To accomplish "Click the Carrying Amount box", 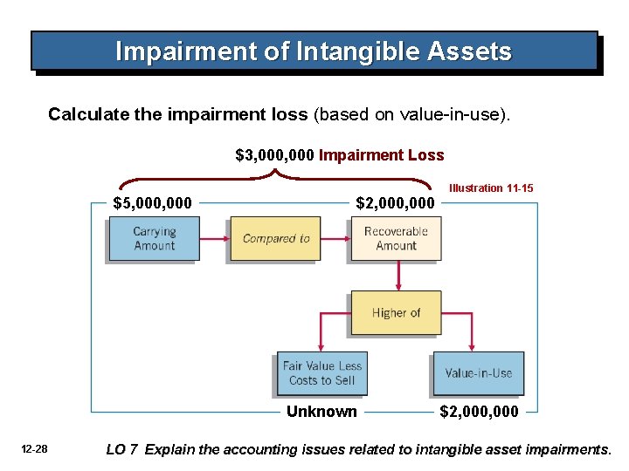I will click(154, 238).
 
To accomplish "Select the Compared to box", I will click(275, 238).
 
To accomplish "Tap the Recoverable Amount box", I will click(396, 238).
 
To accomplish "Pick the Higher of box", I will click(396, 312).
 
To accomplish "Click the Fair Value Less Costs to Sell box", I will click(321, 373).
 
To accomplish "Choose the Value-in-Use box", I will click(478, 373).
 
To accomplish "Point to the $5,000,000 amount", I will click(153, 203).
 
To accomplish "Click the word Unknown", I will click(321, 412).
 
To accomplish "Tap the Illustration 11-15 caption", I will click(491, 188).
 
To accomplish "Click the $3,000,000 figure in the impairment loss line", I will click(275, 155).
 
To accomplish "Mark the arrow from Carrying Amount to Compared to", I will click(214, 238).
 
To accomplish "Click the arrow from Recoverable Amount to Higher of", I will click(397, 276).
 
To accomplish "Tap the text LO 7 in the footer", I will click(121, 450).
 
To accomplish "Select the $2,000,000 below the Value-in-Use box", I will click(478, 412).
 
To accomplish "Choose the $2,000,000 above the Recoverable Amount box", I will click(395, 203).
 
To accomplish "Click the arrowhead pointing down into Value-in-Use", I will click(473, 346).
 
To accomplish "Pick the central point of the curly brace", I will click(276, 172).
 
